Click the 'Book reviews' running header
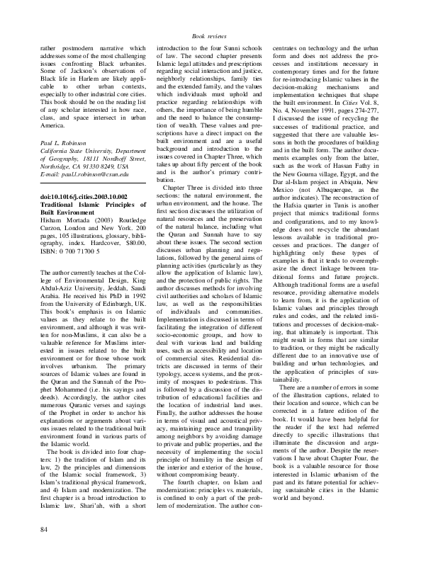tap(210, 35)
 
